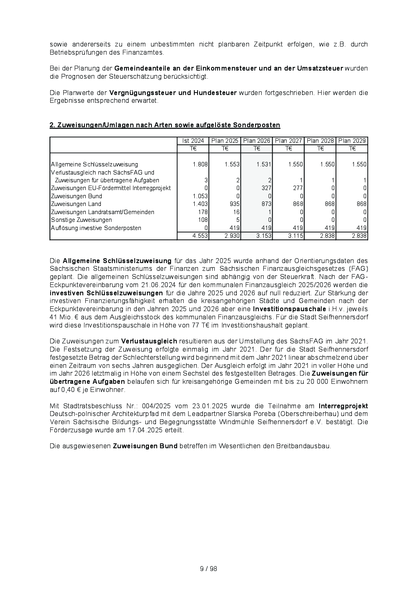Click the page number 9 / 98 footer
(x=208, y=569)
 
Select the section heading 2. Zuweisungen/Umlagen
(x=165, y=125)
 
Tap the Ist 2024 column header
(x=193, y=141)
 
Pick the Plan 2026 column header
(x=257, y=141)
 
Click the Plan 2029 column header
(x=352, y=141)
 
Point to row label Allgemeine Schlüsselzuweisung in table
(x=94, y=164)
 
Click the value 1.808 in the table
(x=200, y=164)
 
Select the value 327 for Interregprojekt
(x=266, y=188)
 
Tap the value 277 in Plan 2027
(x=298, y=188)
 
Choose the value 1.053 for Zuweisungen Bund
(x=200, y=196)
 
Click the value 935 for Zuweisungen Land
(x=234, y=204)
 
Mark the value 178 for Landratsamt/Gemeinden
(x=203, y=212)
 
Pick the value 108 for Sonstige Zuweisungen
(x=203, y=220)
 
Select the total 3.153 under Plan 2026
(x=264, y=236)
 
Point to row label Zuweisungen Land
(x=76, y=204)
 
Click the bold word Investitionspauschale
(x=289, y=309)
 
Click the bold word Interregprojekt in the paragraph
(x=343, y=406)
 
